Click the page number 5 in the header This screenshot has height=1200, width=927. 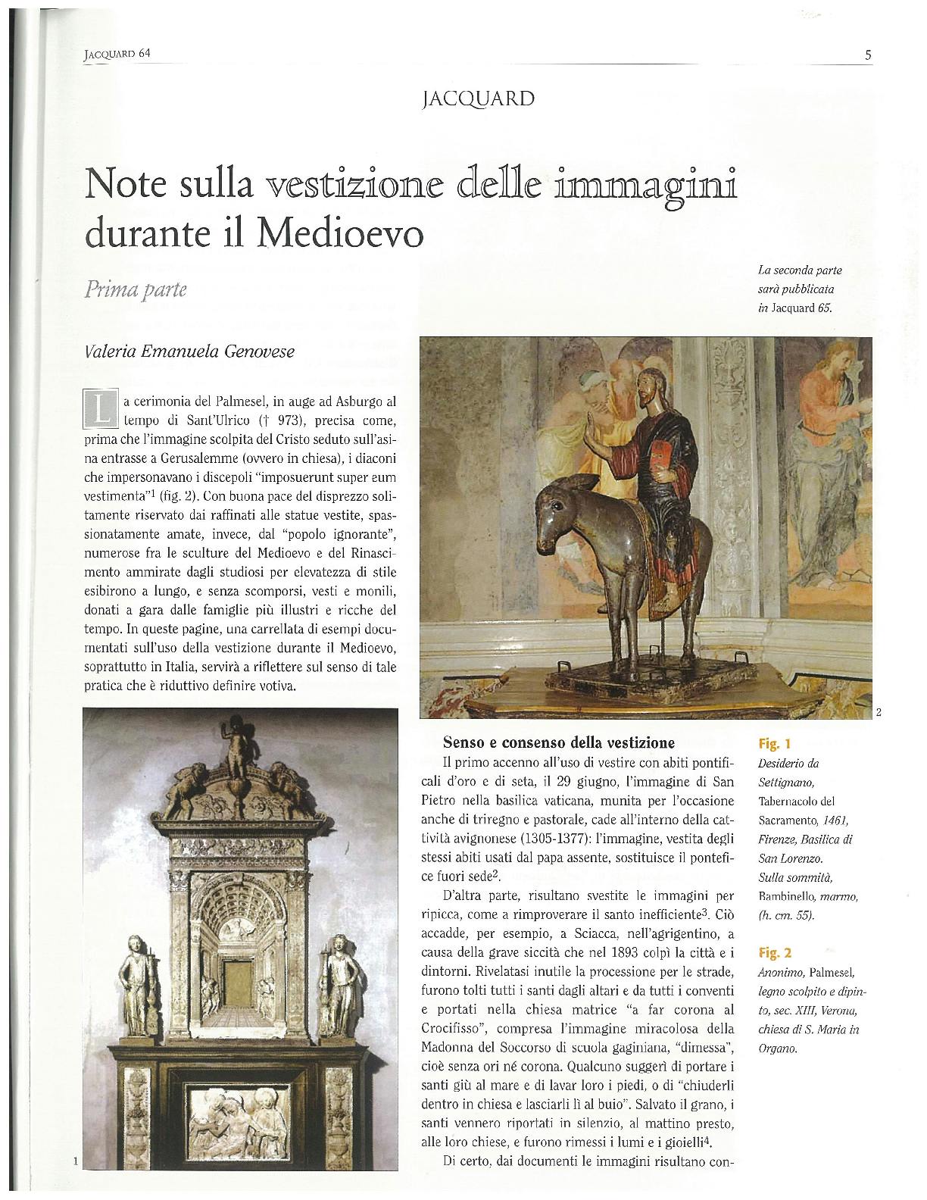867,55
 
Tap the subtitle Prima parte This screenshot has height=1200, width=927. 137,290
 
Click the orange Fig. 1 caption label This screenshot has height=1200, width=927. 774,744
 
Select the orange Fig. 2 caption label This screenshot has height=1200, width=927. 774,952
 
